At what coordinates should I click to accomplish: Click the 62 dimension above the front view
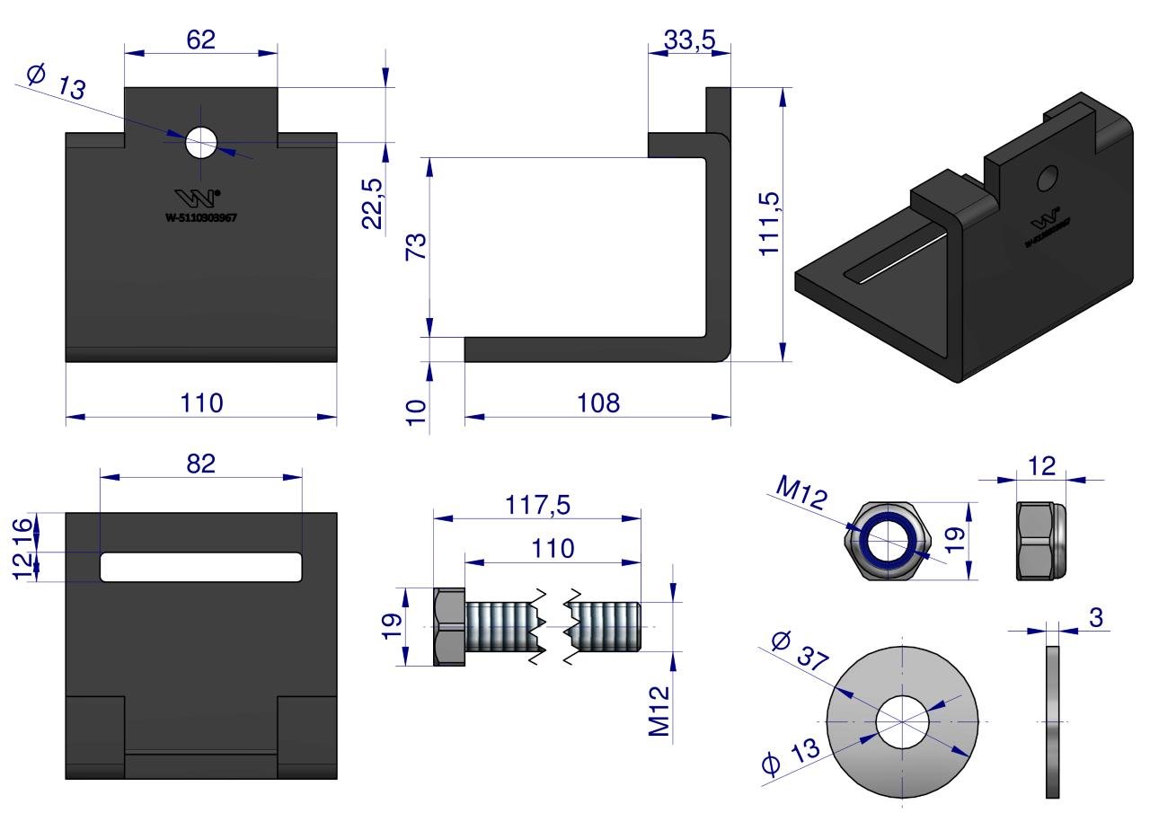coord(200,40)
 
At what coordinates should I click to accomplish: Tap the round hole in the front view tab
coord(202,142)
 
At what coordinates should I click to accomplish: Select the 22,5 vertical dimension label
coord(373,203)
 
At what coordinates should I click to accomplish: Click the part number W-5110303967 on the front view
coord(201,217)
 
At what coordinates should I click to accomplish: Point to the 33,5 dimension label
coord(689,40)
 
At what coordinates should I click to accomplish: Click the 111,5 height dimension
coord(770,224)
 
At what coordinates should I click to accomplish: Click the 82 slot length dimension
coord(201,464)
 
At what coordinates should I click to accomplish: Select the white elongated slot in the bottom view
coord(201,567)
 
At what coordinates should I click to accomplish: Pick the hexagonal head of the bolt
coord(448,627)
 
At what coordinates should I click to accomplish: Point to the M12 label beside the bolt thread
coord(660,712)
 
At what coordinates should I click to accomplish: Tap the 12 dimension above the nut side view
coord(1043,465)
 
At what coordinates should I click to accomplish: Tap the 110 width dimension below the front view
coord(201,403)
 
